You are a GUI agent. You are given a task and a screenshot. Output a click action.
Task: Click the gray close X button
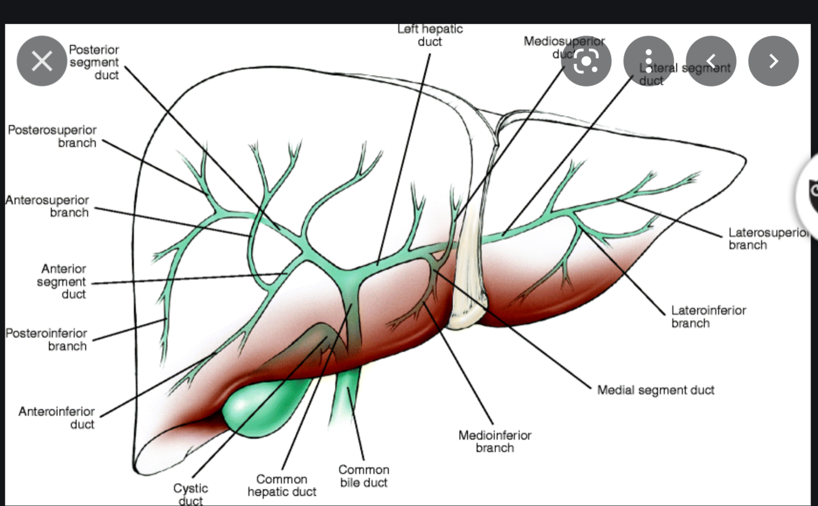point(42,61)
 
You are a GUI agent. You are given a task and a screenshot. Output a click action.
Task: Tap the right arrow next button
point(773,61)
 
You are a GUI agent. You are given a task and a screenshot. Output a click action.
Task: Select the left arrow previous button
point(711,61)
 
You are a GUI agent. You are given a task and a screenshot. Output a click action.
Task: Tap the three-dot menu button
point(649,61)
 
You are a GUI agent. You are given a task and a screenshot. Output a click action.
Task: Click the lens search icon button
point(586,61)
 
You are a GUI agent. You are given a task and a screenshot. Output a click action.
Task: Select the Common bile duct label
point(364,476)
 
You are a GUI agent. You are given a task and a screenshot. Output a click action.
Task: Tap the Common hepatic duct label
point(282,485)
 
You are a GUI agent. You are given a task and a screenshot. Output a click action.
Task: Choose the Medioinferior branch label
point(495,441)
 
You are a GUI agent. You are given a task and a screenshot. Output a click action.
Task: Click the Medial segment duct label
point(656,389)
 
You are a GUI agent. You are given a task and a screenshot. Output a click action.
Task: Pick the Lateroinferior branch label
point(708,316)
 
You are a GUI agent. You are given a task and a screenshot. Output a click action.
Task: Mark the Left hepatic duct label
point(430,35)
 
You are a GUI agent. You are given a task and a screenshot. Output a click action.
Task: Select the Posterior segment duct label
point(94,62)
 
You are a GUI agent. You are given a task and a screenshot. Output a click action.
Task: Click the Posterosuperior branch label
point(52,136)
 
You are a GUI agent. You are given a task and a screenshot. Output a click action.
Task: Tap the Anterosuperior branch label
point(48,206)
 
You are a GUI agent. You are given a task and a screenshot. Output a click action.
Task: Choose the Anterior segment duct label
point(61,282)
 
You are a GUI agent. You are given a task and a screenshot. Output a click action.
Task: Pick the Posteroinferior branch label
point(47,339)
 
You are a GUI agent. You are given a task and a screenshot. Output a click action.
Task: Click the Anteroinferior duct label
point(56,417)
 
